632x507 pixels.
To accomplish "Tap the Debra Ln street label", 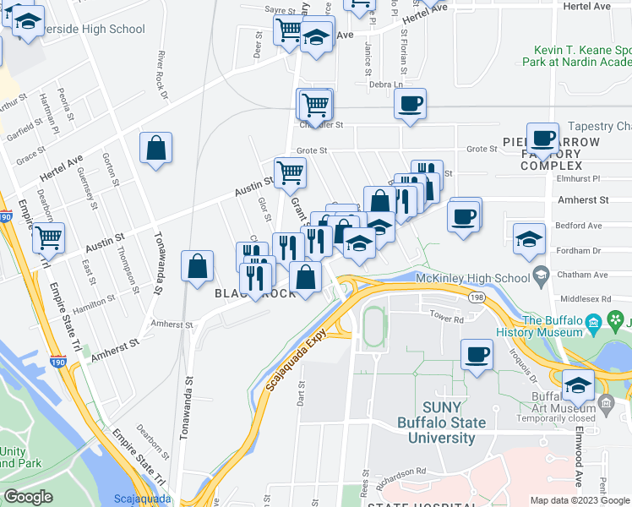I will tap(386, 84).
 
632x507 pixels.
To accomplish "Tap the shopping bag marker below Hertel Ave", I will tap(156, 149).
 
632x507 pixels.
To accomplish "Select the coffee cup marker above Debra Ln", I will tap(411, 104).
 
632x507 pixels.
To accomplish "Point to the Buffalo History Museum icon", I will tap(593, 322).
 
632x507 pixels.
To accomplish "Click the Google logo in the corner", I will tap(28, 497).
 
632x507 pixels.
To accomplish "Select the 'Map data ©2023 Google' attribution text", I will tap(579, 500).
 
